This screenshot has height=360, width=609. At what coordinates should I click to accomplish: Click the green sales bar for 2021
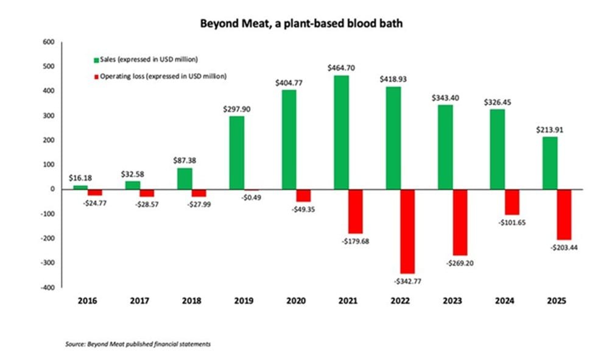[x=341, y=132]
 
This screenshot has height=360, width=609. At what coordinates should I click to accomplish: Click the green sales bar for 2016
[x=81, y=187]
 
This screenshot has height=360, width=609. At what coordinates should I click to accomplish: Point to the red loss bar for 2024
[x=513, y=202]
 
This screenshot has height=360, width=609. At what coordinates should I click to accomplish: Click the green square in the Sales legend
[x=96, y=59]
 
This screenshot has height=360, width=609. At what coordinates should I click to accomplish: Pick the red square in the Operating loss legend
[x=96, y=76]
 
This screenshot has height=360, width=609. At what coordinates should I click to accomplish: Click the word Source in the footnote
[x=74, y=345]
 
